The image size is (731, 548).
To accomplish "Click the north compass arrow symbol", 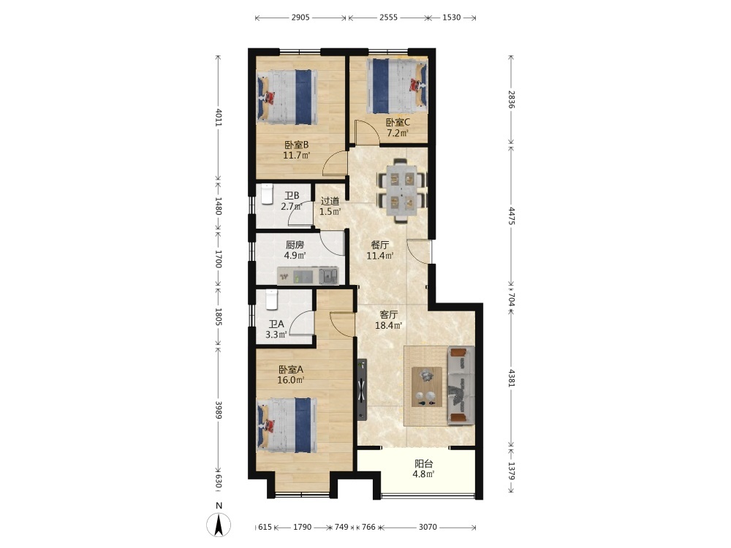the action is pyautogui.click(x=219, y=525).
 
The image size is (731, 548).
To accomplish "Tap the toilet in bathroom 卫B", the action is pyautogui.click(x=267, y=194).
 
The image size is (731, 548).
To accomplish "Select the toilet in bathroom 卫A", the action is pyautogui.click(x=272, y=300).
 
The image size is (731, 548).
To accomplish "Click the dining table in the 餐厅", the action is pyautogui.click(x=402, y=190).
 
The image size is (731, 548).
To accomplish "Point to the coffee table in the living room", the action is pyautogui.click(x=427, y=387).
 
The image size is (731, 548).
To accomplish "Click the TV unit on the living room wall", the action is pyautogui.click(x=363, y=389).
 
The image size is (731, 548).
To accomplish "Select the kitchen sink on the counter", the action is pyautogui.click(x=328, y=275).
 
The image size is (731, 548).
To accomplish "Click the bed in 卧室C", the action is pyautogui.click(x=397, y=85).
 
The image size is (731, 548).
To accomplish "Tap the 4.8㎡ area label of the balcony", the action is pyautogui.click(x=423, y=474).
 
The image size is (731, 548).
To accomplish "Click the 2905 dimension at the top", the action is pyautogui.click(x=300, y=18).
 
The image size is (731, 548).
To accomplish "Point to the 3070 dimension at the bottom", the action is pyautogui.click(x=428, y=527).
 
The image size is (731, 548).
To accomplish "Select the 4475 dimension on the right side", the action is pyautogui.click(x=512, y=216).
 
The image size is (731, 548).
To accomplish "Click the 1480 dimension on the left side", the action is pyautogui.click(x=218, y=205).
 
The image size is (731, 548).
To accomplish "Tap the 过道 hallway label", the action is pyautogui.click(x=330, y=201).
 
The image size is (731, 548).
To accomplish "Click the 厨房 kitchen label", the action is pyautogui.click(x=295, y=245).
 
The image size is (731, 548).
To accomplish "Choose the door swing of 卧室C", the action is pyautogui.click(x=366, y=132).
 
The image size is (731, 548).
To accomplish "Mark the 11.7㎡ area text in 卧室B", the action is pyautogui.click(x=297, y=155).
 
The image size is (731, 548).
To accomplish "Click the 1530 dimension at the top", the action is pyautogui.click(x=451, y=18).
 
